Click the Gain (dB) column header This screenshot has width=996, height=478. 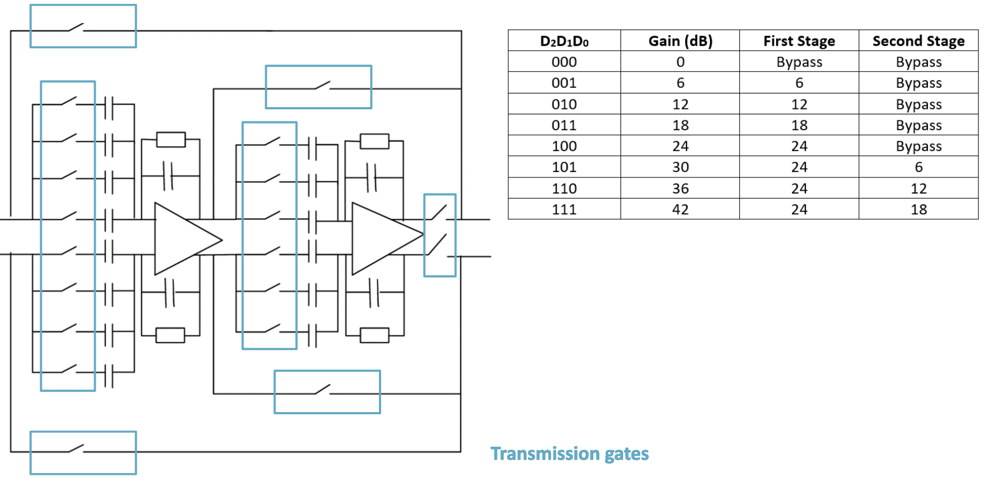pyautogui.click(x=680, y=41)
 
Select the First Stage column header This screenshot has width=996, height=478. pyautogui.click(x=799, y=41)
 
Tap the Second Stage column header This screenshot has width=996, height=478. pyautogui.click(x=918, y=41)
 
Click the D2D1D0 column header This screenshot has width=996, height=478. pyautogui.click(x=564, y=41)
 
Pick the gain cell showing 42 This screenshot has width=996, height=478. pyautogui.click(x=680, y=209)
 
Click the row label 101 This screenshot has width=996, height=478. pyautogui.click(x=564, y=167)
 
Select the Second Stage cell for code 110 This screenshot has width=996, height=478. pyautogui.click(x=918, y=188)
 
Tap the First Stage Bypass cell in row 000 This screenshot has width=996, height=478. pyautogui.click(x=799, y=62)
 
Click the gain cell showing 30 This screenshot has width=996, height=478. pyautogui.click(x=680, y=167)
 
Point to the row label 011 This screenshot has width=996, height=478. pyautogui.click(x=564, y=125)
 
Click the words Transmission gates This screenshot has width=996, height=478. pyautogui.click(x=569, y=454)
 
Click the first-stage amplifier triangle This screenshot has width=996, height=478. pyautogui.click(x=181, y=239)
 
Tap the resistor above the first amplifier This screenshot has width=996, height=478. pyautogui.click(x=170, y=140)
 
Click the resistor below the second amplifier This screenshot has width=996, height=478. pyautogui.click(x=374, y=335)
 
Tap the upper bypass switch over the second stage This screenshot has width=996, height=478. pyautogui.click(x=322, y=86)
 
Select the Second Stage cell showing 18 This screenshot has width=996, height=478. pyautogui.click(x=918, y=209)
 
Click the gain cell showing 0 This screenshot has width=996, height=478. pyautogui.click(x=680, y=62)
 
